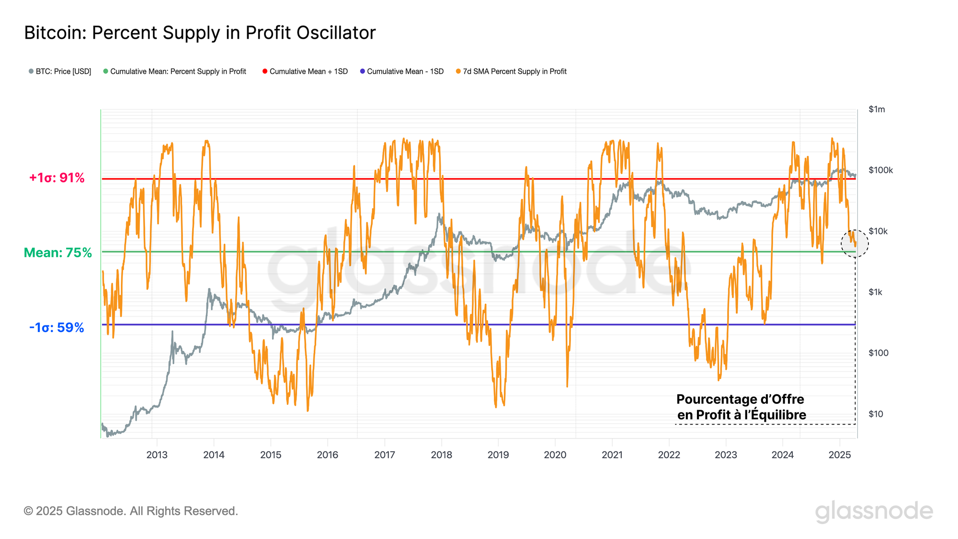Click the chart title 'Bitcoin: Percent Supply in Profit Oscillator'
pyautogui.click(x=200, y=33)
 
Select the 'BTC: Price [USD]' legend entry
pyautogui.click(x=60, y=71)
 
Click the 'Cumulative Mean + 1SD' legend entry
pyautogui.click(x=305, y=71)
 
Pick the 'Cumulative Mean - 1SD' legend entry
pyautogui.click(x=402, y=71)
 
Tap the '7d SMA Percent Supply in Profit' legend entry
pyautogui.click(x=511, y=71)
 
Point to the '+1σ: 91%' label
pyautogui.click(x=57, y=178)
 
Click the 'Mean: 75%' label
pyautogui.click(x=57, y=252)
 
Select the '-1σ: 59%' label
pyautogui.click(x=57, y=328)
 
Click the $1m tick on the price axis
pyautogui.click(x=877, y=109)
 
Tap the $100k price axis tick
pyautogui.click(x=880, y=170)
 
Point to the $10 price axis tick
pyautogui.click(x=876, y=414)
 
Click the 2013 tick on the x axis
pyautogui.click(x=157, y=455)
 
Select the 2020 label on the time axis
pyautogui.click(x=555, y=455)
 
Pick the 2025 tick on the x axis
pyautogui.click(x=839, y=455)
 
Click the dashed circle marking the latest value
pyautogui.click(x=855, y=243)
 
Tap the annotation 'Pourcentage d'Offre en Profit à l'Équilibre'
pyautogui.click(x=741, y=407)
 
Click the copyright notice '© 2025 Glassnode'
pyautogui.click(x=131, y=511)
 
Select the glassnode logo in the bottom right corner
pyautogui.click(x=874, y=512)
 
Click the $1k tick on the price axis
pyautogui.click(x=875, y=292)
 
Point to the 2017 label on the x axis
pyautogui.click(x=384, y=455)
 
